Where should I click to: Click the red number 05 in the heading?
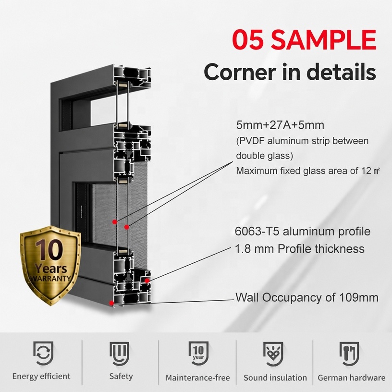[x=248, y=39]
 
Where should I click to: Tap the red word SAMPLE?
[x=323, y=39]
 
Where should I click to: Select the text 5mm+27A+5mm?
[x=280, y=125]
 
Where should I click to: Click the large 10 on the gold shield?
[x=49, y=249]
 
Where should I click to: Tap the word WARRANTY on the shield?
[x=50, y=278]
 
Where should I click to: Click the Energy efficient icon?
[x=43, y=353]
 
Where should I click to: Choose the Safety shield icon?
[x=119, y=353]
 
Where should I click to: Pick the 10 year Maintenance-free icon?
[x=198, y=353]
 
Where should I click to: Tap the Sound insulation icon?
[x=273, y=353]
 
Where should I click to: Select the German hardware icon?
[x=349, y=353]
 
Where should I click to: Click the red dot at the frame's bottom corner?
[x=111, y=303]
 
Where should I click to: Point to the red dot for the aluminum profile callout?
[x=147, y=281]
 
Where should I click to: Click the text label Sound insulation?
[x=275, y=378]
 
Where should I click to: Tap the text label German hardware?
[x=352, y=378]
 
